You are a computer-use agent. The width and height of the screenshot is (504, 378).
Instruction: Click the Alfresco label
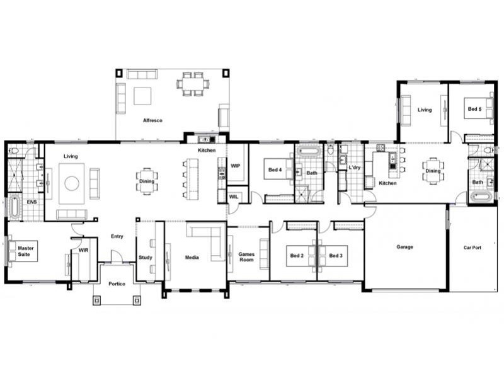point(152,120)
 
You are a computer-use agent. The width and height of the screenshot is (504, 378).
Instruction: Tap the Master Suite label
point(25,251)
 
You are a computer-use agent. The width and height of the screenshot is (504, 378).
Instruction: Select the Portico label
point(117,284)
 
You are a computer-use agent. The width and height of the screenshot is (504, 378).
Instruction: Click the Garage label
point(404,247)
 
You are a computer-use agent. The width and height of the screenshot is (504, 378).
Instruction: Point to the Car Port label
point(472,248)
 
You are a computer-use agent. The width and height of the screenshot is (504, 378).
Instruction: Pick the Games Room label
point(246,257)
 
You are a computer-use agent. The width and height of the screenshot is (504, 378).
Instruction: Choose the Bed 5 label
point(474,109)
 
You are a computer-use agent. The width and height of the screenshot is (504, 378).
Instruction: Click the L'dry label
point(355,168)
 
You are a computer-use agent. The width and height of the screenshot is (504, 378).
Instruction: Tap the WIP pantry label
point(235,166)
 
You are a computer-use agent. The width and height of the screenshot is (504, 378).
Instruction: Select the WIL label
point(234,197)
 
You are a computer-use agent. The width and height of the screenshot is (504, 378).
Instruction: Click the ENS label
point(31,202)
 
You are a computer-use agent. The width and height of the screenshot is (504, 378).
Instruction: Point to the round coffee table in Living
point(72,183)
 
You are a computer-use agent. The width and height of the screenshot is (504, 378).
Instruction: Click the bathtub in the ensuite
point(14,208)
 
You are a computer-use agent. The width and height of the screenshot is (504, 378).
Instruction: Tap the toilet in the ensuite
point(14,151)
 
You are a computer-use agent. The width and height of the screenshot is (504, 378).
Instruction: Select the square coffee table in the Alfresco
point(142,96)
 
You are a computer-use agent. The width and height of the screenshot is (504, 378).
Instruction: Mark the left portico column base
point(97,301)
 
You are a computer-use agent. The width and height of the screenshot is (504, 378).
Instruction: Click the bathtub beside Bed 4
point(309,151)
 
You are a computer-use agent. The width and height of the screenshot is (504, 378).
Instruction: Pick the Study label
point(146,258)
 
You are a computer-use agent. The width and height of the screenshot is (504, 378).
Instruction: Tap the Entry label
point(117,236)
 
